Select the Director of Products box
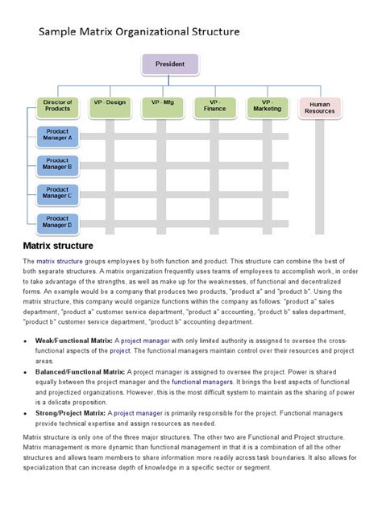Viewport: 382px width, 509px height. (58, 107)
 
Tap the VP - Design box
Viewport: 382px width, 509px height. (110, 106)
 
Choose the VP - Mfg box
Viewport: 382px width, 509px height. (162, 106)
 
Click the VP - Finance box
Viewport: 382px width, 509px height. (214, 106)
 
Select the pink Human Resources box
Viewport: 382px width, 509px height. (320, 108)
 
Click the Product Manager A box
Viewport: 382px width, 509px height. (57, 134)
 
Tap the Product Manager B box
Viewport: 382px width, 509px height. (57, 164)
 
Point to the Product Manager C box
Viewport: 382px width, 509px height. (57, 192)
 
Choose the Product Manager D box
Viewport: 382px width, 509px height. (57, 221)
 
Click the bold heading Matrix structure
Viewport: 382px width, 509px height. (58, 245)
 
